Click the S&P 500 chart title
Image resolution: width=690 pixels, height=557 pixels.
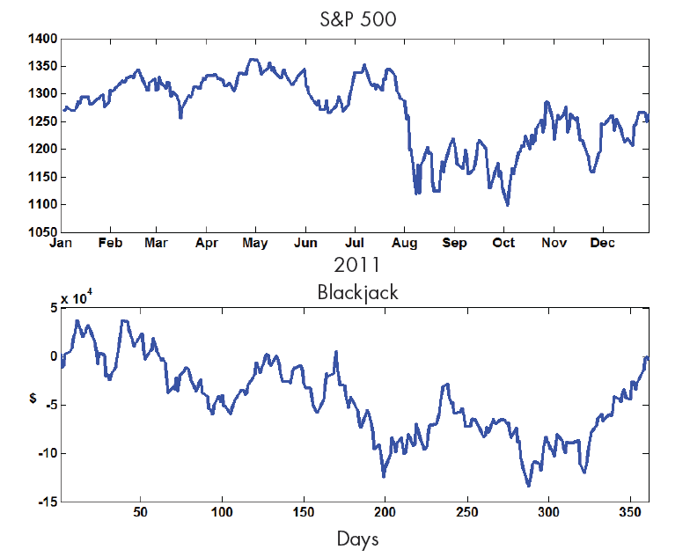click(357, 18)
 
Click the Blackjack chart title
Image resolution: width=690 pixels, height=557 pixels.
click(357, 292)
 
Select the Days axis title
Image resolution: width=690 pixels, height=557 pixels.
click(357, 539)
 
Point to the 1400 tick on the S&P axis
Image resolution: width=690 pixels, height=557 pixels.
click(42, 39)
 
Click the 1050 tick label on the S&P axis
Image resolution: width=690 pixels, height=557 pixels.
click(42, 232)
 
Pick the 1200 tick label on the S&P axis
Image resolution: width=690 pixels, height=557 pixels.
click(42, 150)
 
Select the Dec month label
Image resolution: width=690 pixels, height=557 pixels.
click(602, 242)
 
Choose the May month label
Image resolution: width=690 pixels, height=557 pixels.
click(255, 242)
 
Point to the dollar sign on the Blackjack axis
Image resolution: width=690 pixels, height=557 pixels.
click(33, 399)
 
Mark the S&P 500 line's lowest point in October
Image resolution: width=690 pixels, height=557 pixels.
click(508, 205)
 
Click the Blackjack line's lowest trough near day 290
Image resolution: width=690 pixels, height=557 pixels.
click(528, 485)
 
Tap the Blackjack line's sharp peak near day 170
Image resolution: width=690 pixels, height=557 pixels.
click(335, 352)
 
